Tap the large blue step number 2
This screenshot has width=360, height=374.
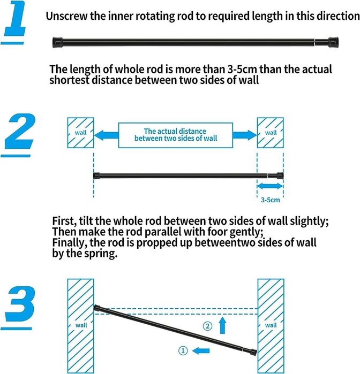pos(20,131)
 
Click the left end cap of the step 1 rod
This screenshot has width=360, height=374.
pos(57,42)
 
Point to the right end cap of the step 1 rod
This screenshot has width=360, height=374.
pos(333,42)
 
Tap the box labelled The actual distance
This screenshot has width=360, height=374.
pos(176,135)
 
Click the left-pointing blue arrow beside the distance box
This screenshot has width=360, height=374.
pos(106,135)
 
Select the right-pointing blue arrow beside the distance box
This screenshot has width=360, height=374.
pos(245,135)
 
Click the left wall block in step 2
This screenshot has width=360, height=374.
pos(80,133)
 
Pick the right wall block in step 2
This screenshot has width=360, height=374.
pos(271,133)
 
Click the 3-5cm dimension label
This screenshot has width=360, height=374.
pos(270,200)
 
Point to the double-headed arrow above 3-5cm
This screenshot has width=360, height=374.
pos(270,186)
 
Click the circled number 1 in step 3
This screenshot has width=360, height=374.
pos(183,350)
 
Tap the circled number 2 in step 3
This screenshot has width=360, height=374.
pos(207,326)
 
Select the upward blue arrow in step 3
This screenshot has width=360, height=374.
pos(223,325)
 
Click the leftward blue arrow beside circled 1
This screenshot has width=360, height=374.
pos(201,350)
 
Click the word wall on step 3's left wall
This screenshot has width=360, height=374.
pos(81,325)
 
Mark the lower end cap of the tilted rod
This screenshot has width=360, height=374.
pos(253,352)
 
